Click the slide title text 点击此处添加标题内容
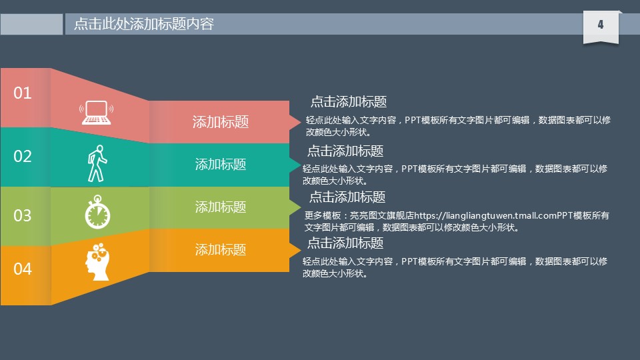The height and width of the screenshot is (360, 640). tap(144, 24)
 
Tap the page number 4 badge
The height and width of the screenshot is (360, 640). tap(601, 26)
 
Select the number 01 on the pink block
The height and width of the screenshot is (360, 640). tap(23, 93)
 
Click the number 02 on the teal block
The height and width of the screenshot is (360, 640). tap(23, 156)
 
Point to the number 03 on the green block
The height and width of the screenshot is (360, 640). tap(23, 215)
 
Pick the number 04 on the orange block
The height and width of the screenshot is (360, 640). tap(23, 269)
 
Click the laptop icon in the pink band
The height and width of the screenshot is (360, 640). tap(96, 112)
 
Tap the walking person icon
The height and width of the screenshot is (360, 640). tap(97, 163)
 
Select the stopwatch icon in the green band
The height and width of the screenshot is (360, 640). tap(97, 212)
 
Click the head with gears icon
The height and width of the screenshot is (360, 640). tap(97, 262)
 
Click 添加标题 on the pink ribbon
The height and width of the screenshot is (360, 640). tap(221, 121)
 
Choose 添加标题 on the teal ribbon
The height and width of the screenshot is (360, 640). tap(221, 165)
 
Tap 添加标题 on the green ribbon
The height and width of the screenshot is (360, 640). tap(221, 207)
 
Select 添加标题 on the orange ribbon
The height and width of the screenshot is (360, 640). tap(221, 249)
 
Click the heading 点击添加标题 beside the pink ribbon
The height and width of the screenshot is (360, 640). tap(349, 101)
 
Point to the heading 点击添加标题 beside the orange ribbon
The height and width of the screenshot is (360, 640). tap(345, 243)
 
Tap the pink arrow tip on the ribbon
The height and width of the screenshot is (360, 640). tap(301, 121)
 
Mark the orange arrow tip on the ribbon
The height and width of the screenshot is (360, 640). tap(301, 249)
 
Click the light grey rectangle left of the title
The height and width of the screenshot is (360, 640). tap(31, 24)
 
